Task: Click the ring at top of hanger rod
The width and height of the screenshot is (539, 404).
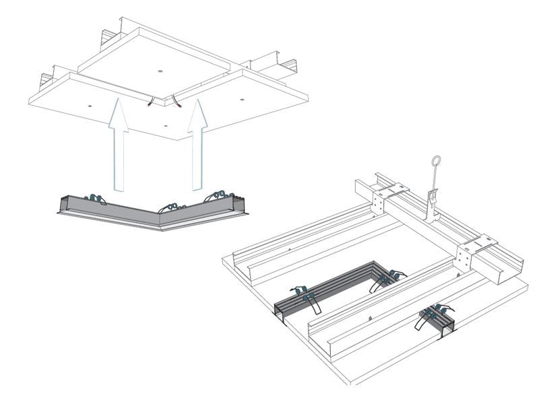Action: [x=435, y=164]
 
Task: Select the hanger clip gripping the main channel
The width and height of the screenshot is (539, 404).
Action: [x=432, y=202]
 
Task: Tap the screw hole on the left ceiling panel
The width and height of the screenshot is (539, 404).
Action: [x=88, y=106]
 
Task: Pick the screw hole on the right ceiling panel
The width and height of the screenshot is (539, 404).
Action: [x=242, y=100]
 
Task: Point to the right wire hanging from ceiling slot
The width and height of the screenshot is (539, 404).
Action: [x=177, y=102]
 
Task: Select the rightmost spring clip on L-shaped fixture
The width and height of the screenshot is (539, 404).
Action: [x=219, y=195]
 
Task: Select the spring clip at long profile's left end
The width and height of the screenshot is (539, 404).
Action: [x=303, y=296]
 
